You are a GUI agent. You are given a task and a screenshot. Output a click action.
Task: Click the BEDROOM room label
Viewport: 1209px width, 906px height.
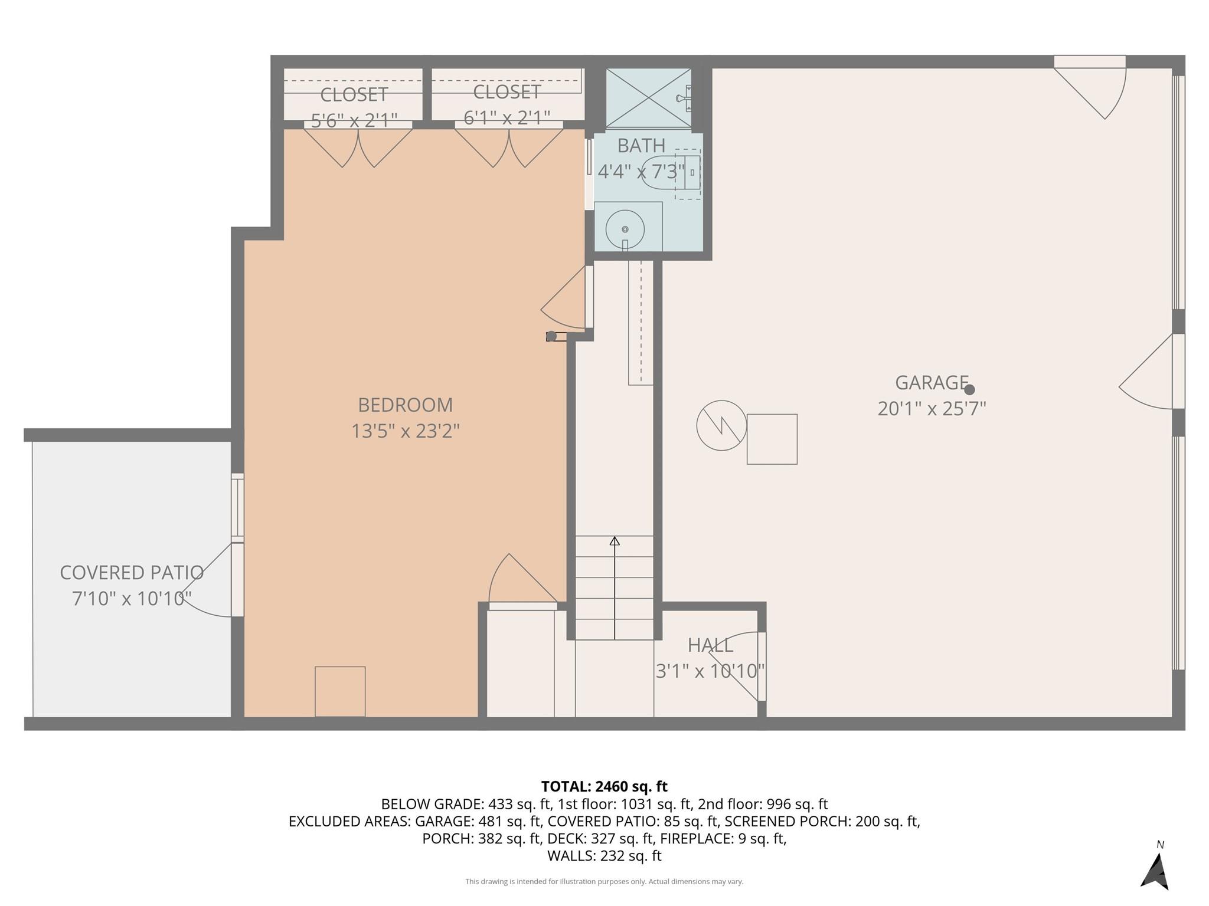click(405, 405)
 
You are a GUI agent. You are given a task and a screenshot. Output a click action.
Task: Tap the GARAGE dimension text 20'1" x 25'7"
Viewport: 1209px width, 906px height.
click(932, 409)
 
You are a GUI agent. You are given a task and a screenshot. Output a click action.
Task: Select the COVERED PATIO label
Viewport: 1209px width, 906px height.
click(132, 572)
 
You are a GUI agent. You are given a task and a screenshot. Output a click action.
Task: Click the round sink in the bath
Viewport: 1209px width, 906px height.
click(625, 229)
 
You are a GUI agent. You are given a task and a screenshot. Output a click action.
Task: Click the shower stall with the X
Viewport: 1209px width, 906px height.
click(648, 97)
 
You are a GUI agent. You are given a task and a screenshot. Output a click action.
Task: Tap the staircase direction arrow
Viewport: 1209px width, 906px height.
click(615, 587)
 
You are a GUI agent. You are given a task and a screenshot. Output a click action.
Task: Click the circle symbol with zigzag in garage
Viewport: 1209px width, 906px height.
click(721, 425)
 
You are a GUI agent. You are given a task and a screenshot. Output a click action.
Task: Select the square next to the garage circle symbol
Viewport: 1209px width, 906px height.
click(772, 439)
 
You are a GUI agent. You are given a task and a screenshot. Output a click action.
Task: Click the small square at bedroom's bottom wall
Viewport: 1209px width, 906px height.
click(340, 691)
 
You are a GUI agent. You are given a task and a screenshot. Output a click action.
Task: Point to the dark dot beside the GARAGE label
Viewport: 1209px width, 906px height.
click(969, 389)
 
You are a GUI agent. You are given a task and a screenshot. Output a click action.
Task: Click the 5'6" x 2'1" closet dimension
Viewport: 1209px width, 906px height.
click(354, 120)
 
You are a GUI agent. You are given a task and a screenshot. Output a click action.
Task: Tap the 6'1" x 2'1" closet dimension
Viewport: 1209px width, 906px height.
click(507, 118)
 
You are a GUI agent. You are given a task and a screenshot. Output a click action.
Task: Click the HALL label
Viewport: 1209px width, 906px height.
click(710, 645)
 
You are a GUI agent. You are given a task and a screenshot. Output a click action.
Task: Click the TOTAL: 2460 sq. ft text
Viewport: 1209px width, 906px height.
click(604, 786)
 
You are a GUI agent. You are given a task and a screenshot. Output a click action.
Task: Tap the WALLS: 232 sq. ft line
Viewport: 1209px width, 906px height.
click(604, 855)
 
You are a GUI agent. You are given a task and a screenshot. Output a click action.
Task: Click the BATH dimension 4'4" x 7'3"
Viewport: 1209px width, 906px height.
click(641, 172)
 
